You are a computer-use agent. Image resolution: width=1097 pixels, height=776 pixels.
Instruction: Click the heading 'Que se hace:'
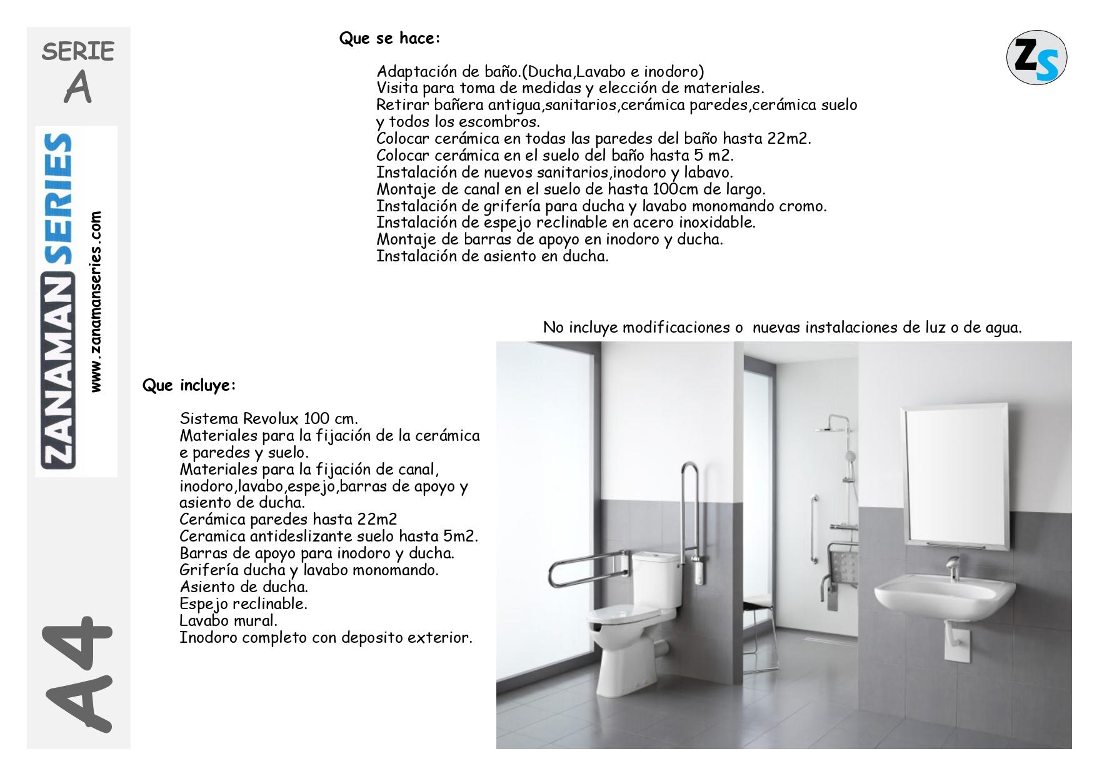click(x=389, y=39)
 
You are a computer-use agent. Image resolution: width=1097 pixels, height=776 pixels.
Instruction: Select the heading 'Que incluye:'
click(x=189, y=385)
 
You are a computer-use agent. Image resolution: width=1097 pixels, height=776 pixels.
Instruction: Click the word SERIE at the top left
click(x=78, y=52)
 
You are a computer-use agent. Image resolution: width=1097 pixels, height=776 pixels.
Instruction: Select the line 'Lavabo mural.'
click(x=228, y=621)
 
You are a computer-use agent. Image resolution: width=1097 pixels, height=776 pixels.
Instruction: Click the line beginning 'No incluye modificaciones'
click(x=782, y=328)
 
